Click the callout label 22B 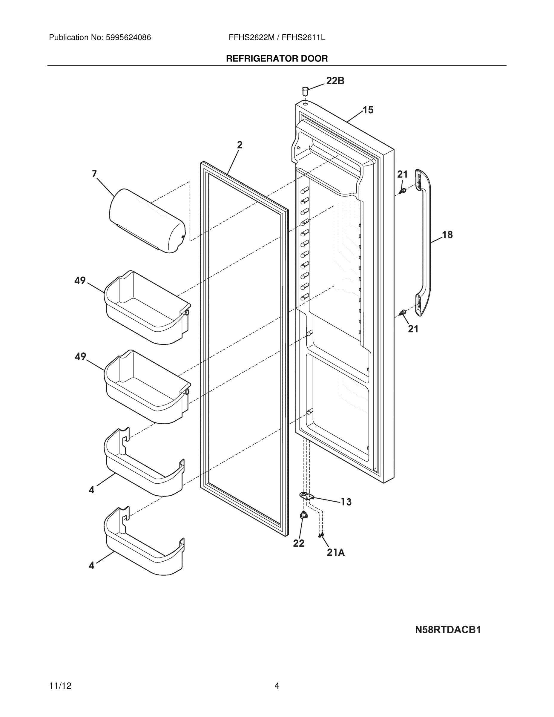335,81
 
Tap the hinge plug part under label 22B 305,91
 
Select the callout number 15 368,110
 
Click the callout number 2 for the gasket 240,145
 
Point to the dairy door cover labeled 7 147,220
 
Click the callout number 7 94,174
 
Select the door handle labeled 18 425,243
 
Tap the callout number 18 447,235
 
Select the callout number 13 346,502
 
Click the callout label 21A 336,552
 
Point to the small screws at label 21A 321,535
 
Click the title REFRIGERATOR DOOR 277,59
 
